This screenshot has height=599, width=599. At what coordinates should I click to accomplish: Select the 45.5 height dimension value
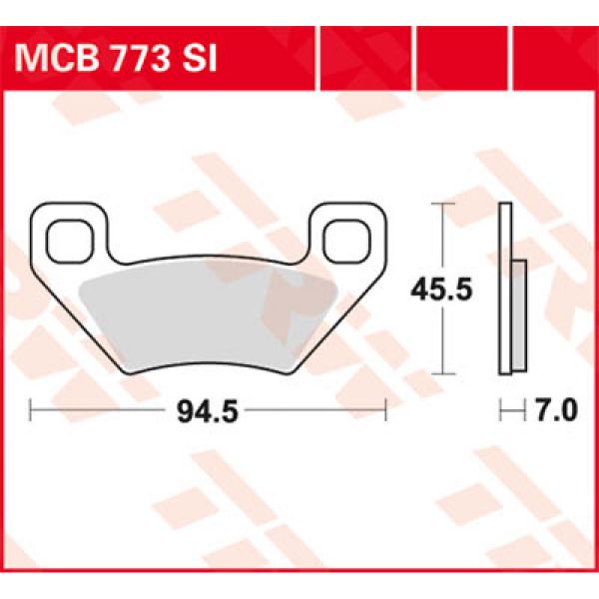tap(436, 290)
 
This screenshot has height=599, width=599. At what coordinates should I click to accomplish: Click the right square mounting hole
tap(346, 239)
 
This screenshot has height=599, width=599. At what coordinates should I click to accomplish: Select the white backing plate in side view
tap(506, 290)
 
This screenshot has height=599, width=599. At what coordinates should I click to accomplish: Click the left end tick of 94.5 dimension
tap(31, 409)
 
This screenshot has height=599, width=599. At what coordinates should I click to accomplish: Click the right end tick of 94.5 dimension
tap(384, 409)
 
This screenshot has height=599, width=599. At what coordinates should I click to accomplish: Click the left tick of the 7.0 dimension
tap(499, 409)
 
